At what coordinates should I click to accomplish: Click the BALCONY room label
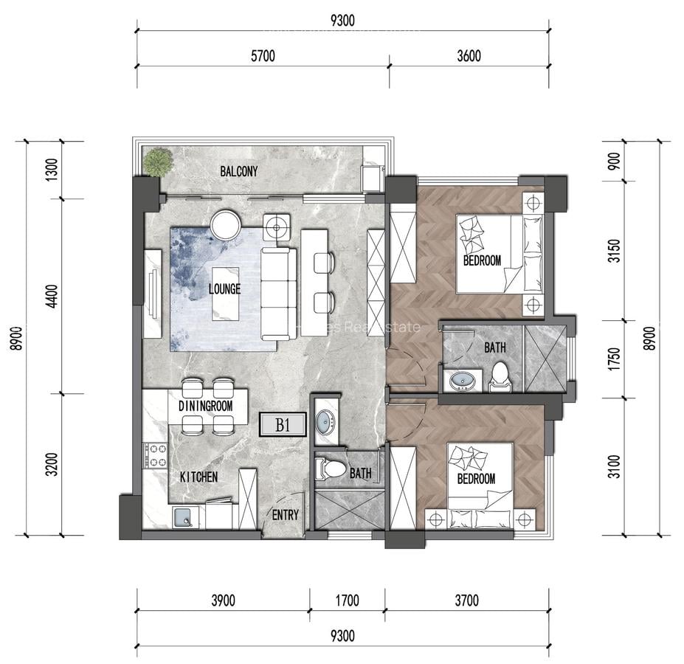[x=239, y=172]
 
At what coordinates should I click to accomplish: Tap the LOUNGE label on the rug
[x=224, y=289]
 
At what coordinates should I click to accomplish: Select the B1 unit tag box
[x=281, y=425]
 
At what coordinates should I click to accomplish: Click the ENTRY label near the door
[x=286, y=515]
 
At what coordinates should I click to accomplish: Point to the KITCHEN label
[x=198, y=477]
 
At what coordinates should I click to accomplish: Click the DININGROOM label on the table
[x=206, y=406]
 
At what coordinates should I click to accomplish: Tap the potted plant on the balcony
[x=157, y=162]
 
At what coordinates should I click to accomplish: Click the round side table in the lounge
[x=226, y=225]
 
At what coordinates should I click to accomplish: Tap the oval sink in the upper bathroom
[x=463, y=381]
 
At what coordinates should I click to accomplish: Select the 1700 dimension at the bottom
[x=347, y=601]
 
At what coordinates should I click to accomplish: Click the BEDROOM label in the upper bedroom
[x=482, y=260]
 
